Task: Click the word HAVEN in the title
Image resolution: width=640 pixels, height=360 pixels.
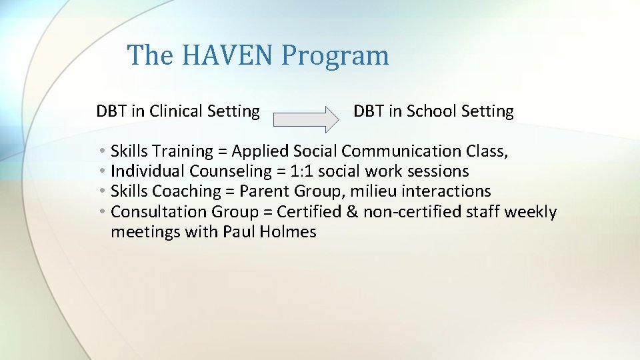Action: click(227, 55)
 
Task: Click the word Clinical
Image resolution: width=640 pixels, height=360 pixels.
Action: click(178, 111)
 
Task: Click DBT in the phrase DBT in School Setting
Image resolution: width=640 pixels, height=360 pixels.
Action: click(367, 111)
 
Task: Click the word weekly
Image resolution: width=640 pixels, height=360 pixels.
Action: click(530, 212)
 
